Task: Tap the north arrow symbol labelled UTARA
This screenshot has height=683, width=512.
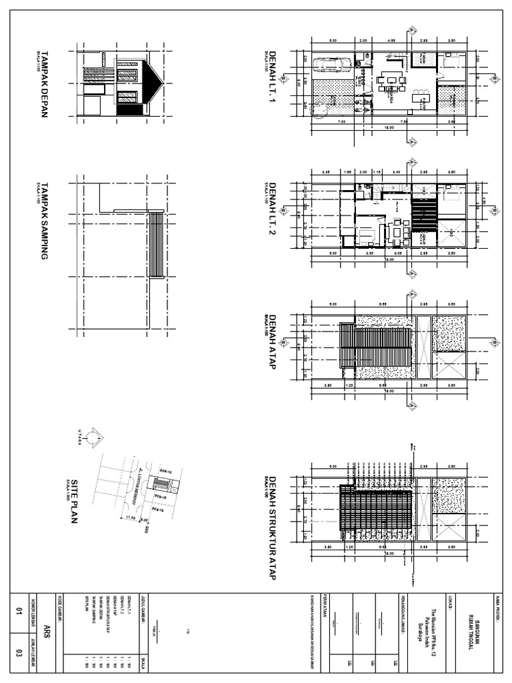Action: click(94, 437)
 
